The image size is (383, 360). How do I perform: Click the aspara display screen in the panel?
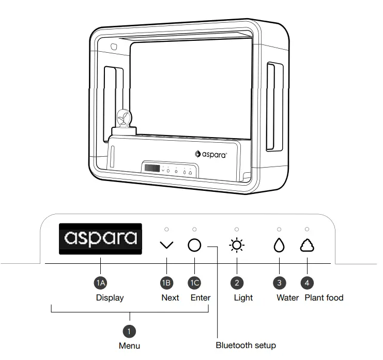[x=100, y=238]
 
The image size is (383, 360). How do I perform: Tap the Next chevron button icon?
[x=166, y=246]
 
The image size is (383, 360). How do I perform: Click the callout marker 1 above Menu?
[x=129, y=330]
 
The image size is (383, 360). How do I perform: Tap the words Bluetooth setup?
[x=246, y=345]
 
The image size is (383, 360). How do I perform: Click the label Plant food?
[x=324, y=297]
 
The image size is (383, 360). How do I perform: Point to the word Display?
[x=110, y=297]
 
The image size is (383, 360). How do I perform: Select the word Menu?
[x=129, y=345]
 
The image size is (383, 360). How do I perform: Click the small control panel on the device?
[x=170, y=169]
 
